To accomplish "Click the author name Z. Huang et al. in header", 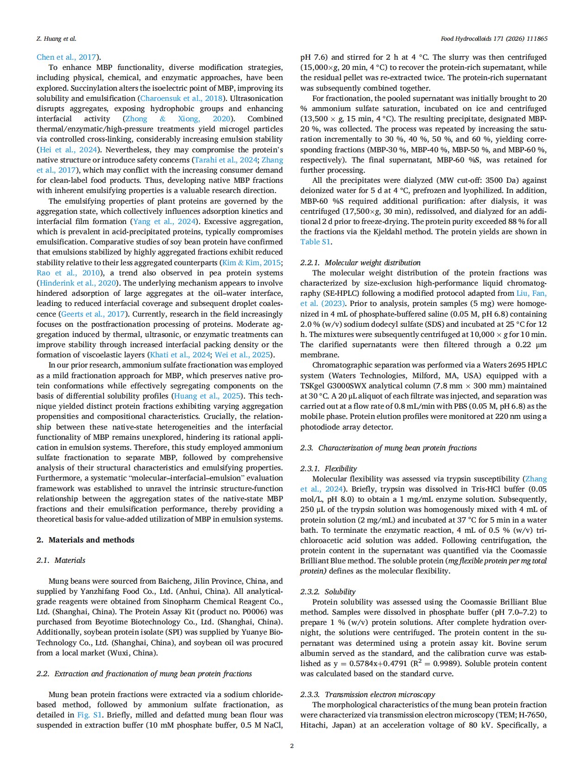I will coord(56,39).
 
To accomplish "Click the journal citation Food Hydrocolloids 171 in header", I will coord(494,39).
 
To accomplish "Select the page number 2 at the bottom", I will coord(292,746).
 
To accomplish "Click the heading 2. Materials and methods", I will coord(86,540).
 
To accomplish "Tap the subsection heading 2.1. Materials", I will coord(61,560).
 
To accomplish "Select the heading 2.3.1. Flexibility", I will coord(328,468).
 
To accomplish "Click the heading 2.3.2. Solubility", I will coord(328,592).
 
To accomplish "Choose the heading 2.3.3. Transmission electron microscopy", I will coord(367,694).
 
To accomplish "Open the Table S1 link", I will coord(315,242).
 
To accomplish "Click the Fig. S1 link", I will coord(89,715).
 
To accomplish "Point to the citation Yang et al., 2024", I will coord(165,221).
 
